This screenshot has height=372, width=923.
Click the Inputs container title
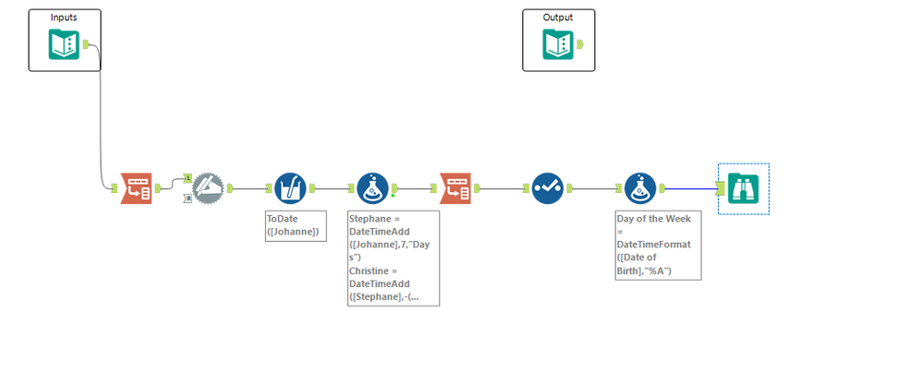tap(64, 18)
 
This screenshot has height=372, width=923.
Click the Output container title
tap(558, 18)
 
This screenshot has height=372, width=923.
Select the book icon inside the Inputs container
tap(64, 44)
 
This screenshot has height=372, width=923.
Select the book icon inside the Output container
tap(558, 44)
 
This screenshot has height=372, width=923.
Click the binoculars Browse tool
tap(743, 188)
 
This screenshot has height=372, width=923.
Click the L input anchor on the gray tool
tap(188, 177)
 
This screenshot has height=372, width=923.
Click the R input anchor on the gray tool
tap(188, 198)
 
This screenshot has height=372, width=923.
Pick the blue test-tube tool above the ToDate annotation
tap(290, 188)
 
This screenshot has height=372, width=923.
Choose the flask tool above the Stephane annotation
tap(372, 188)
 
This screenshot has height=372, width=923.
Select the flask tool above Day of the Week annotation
tap(639, 188)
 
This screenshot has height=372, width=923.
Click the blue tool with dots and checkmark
tap(548, 188)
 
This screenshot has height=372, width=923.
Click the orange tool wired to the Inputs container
tap(137, 188)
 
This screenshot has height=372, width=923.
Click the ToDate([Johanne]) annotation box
tap(293, 225)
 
